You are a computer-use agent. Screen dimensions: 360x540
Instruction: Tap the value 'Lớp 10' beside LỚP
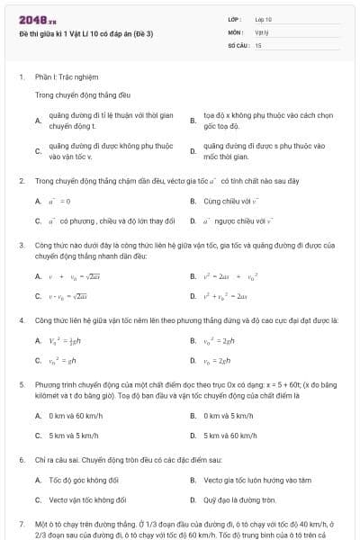click(263, 19)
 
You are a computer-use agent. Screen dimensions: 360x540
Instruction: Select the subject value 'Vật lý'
click(262, 31)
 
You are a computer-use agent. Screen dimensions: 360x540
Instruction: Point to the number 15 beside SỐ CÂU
click(258, 44)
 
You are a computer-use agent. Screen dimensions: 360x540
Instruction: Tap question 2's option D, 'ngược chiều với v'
click(238, 220)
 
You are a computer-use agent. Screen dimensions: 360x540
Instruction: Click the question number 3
click(22, 245)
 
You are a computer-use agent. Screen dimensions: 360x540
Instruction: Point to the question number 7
click(22, 523)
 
